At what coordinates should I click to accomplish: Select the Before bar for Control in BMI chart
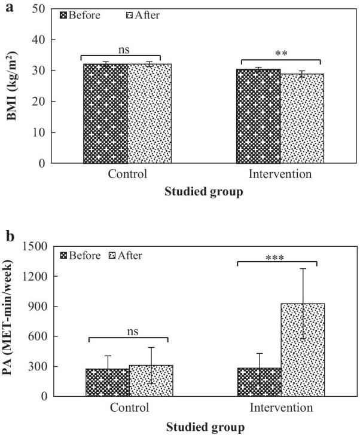105,113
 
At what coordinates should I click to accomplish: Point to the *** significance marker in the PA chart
276,259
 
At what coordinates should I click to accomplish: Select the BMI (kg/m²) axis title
13,87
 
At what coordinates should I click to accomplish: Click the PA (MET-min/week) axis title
13,321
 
